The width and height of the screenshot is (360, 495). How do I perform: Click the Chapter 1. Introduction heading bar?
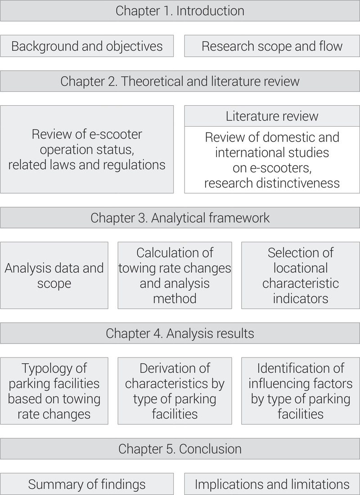click(180, 11)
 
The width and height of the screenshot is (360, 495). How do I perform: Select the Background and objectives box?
click(87, 46)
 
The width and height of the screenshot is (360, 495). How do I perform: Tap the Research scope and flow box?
click(272, 46)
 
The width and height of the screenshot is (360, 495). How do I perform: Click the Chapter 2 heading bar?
click(180, 81)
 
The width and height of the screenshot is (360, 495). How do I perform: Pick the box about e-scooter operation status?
click(87, 149)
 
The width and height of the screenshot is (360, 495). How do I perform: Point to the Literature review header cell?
click(272, 116)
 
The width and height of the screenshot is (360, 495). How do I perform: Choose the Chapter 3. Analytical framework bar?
click(180, 218)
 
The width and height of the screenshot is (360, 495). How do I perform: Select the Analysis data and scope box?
click(54, 276)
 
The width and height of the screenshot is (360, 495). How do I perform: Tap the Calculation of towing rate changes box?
click(175, 276)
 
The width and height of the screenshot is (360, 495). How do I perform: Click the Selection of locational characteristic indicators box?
click(301, 276)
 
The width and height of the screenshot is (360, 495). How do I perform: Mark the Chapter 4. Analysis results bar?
click(180, 334)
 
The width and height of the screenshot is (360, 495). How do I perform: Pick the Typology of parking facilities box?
click(54, 391)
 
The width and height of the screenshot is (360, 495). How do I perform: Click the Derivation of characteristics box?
click(175, 391)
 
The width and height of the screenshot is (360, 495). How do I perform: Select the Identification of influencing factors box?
click(301, 391)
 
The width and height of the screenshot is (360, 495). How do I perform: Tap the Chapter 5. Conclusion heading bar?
click(180, 449)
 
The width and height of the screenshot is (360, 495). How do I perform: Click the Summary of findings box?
click(87, 484)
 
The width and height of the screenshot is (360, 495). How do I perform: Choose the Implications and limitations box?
click(272, 484)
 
